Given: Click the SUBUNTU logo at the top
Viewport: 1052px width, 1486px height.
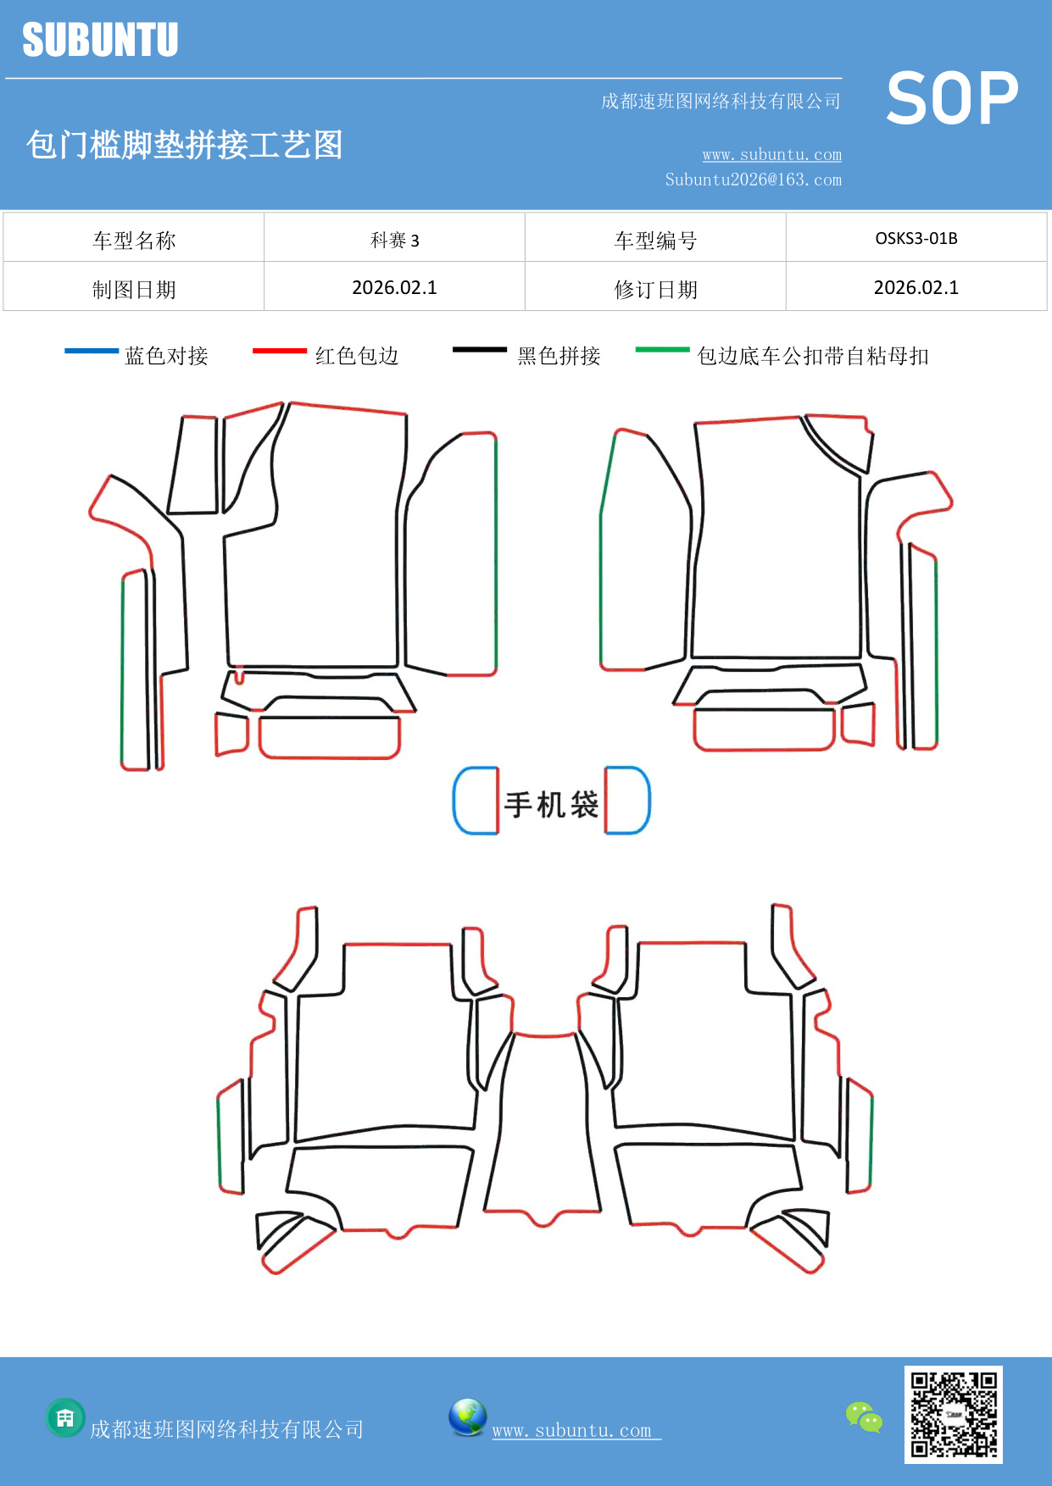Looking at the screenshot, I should [x=100, y=40].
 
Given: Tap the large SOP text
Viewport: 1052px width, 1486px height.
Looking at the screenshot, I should [x=951, y=99].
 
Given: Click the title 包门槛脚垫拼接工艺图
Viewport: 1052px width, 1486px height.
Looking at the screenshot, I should [x=184, y=145].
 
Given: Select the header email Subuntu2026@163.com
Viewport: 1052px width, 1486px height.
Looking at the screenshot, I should [x=753, y=180].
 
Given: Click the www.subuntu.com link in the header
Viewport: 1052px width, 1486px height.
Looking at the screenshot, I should [x=771, y=155].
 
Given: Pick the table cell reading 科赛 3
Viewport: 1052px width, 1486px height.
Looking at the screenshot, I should [x=394, y=240].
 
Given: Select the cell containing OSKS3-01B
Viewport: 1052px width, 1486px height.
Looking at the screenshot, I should [x=916, y=238].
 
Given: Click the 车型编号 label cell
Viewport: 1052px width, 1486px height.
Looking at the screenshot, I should [x=655, y=241].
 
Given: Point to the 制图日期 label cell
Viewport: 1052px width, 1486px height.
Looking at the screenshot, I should [x=134, y=290].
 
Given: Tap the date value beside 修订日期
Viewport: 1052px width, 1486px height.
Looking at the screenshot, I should [x=916, y=288].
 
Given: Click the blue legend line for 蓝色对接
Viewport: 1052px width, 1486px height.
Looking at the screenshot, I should [x=92, y=350].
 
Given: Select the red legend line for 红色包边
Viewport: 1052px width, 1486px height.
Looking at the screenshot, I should [x=279, y=350].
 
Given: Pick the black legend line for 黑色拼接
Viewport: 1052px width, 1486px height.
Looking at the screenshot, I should [x=479, y=349].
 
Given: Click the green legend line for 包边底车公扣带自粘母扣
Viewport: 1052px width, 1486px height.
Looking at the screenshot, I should [x=662, y=349].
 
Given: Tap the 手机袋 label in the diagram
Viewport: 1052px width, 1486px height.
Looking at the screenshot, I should [x=551, y=804].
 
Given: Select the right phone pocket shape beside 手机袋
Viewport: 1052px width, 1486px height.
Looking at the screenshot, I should [x=627, y=801].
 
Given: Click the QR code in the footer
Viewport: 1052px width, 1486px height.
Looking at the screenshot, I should [x=953, y=1414].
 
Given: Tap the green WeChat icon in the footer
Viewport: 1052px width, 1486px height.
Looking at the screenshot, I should [x=864, y=1417].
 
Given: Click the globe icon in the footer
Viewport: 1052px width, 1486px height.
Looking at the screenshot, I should [x=467, y=1417].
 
